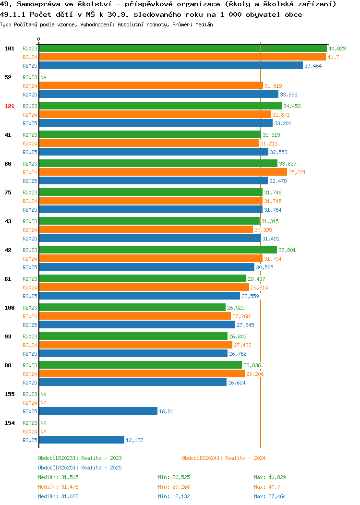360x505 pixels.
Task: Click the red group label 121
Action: (9, 106)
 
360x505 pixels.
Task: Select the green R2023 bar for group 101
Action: (183, 48)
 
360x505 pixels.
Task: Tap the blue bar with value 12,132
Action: (82, 440)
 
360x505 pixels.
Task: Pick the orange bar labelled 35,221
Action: (163, 172)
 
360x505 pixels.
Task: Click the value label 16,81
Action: (166, 411)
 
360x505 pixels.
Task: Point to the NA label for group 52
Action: (44, 77)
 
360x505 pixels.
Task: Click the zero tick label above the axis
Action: (39, 39)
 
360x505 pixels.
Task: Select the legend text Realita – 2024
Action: (245, 458)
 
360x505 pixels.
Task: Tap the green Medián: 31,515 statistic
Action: (58, 477)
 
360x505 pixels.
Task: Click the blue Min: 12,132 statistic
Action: (174, 497)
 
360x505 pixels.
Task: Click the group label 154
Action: (9, 423)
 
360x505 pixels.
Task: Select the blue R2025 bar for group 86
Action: (153, 180)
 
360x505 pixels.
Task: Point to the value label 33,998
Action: (288, 95)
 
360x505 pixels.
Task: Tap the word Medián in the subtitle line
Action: (204, 24)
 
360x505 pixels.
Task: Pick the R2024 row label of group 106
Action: (30, 317)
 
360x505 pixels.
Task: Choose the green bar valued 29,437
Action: (143, 278)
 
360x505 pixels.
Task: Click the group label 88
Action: (8, 365)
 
